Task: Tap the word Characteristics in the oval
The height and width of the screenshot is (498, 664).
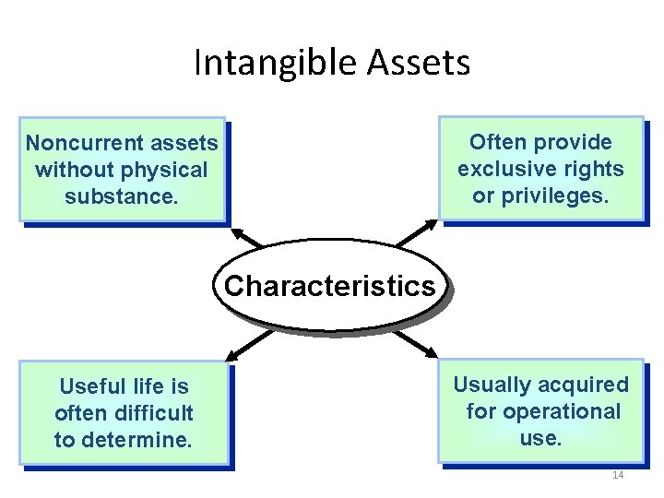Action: tap(329, 286)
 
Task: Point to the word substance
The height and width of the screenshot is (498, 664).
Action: tap(121, 196)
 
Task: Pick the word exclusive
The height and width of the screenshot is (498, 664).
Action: tap(506, 169)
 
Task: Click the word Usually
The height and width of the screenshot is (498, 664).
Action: tap(496, 385)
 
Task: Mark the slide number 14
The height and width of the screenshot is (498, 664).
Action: tap(617, 475)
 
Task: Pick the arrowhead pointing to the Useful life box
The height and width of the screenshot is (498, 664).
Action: tap(231, 354)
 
